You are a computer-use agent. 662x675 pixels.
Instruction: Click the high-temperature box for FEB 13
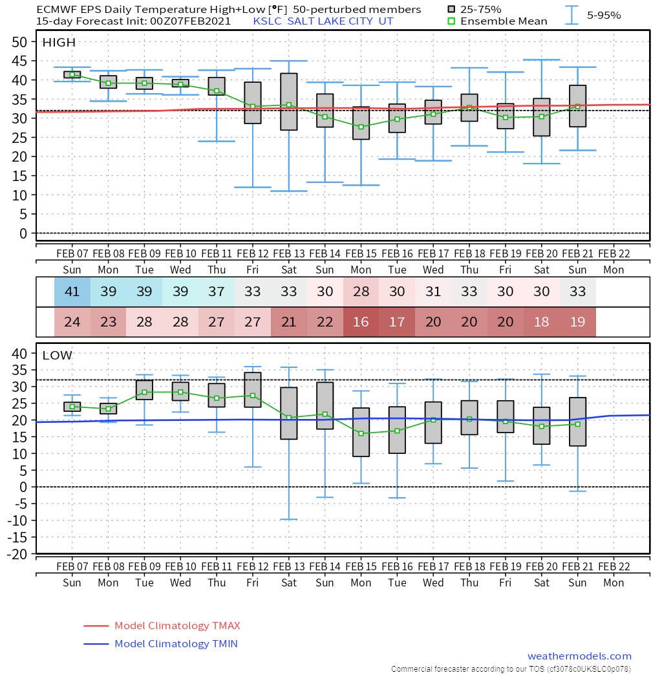[288, 102]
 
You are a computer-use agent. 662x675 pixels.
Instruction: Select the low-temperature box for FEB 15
[361, 432]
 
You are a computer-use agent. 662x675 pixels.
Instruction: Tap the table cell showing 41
[72, 292]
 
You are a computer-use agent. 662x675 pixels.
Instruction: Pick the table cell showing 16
[361, 322]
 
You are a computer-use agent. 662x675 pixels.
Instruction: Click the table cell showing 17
[397, 322]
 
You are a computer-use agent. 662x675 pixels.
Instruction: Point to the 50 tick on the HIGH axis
[19, 42]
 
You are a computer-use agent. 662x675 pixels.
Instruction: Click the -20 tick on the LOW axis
[19, 553]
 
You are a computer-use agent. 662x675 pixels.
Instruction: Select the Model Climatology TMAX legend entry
[162, 626]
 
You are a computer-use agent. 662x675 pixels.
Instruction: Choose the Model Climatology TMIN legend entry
[162, 644]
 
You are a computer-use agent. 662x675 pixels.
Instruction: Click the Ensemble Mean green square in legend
[451, 21]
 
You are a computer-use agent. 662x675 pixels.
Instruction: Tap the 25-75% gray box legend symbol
[451, 10]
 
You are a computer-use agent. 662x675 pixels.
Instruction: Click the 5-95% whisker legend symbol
[571, 15]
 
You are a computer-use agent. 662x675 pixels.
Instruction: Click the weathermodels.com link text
[579, 656]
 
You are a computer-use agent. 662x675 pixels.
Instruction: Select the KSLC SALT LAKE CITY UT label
[323, 21]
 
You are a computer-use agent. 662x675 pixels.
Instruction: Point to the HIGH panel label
[59, 43]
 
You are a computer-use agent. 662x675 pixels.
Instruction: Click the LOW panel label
[58, 356]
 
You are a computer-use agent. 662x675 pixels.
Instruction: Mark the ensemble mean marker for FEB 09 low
[144, 392]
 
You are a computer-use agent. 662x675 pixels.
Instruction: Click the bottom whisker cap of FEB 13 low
[288, 519]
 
